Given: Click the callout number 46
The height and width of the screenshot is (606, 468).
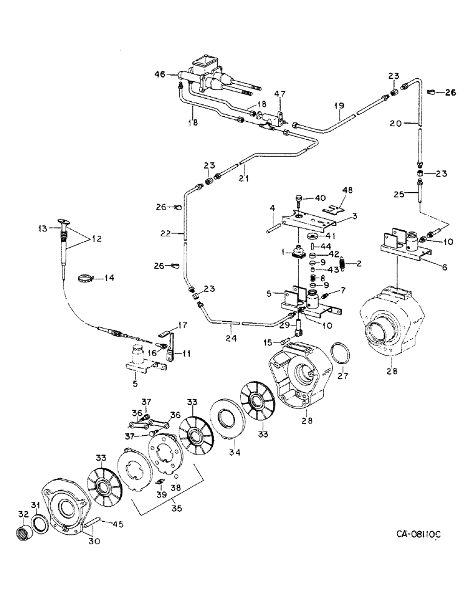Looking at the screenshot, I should tap(159, 76).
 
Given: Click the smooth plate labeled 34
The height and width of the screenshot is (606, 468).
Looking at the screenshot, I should tap(228, 422).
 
